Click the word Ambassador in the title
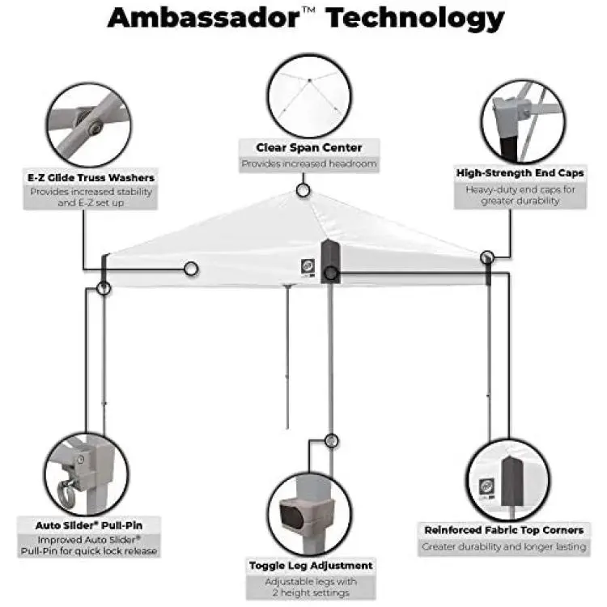(x=204, y=18)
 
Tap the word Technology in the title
(x=414, y=19)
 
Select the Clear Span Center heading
(x=309, y=147)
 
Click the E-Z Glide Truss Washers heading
(x=91, y=178)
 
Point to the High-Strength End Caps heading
(x=520, y=173)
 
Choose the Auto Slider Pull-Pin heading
(x=89, y=525)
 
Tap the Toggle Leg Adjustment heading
(x=311, y=566)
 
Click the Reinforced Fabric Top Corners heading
(x=503, y=530)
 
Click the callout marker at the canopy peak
(x=303, y=190)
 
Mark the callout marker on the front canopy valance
(x=191, y=269)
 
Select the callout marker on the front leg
(x=331, y=440)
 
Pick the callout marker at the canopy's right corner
(x=487, y=257)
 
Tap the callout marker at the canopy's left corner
(x=104, y=288)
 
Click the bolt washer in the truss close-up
(x=94, y=126)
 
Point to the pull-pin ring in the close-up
(x=65, y=495)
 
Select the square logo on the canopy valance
(x=308, y=265)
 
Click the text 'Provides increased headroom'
(x=309, y=163)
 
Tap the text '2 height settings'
(x=311, y=592)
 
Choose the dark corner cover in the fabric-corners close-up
(x=512, y=482)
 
